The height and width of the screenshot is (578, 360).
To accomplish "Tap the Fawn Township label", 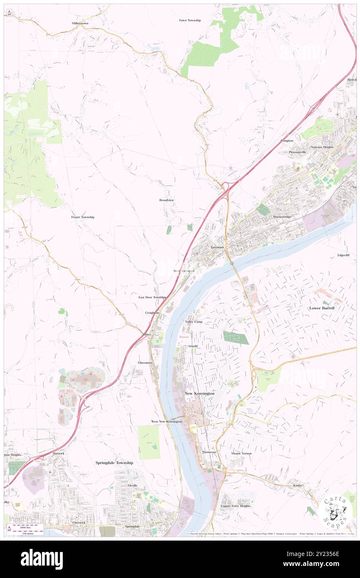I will click(x=190, y=20).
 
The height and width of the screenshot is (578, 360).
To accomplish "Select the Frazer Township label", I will click(x=83, y=217).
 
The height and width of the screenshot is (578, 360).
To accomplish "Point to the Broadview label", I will click(x=166, y=200).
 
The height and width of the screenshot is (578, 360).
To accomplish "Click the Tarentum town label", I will click(x=217, y=247).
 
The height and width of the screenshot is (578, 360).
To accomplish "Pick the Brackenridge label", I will click(x=282, y=217).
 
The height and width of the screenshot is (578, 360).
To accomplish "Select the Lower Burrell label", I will click(x=322, y=308).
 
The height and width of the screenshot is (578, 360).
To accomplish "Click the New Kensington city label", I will click(x=200, y=393).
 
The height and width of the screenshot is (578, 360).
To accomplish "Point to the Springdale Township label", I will click(x=114, y=462).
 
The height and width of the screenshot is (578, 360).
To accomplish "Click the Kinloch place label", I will click(x=298, y=485).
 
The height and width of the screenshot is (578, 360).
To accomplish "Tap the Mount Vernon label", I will click(x=242, y=453).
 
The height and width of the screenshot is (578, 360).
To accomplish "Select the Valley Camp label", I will click(x=194, y=322).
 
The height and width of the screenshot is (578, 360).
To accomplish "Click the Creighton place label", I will click(x=152, y=312).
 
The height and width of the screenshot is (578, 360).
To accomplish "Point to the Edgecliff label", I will click(x=344, y=255).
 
